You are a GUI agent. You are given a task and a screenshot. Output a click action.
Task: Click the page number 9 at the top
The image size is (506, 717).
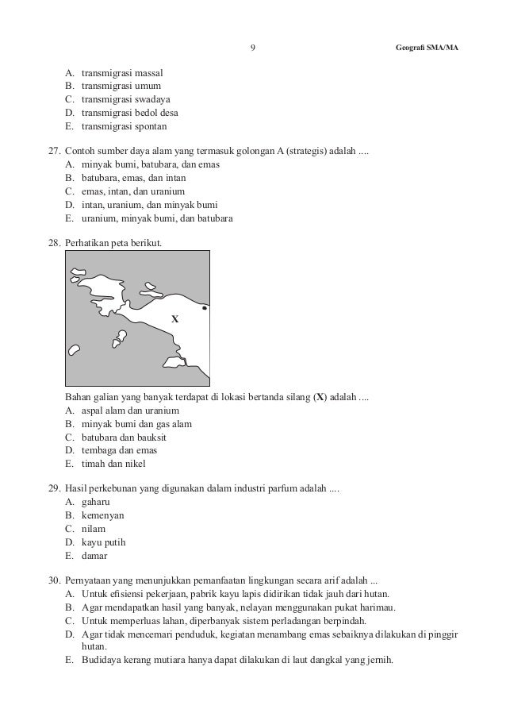(x=252, y=48)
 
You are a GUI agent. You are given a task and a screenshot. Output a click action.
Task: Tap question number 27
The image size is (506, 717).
(x=55, y=151)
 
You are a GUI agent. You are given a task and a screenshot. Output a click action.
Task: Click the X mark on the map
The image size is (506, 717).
(x=175, y=318)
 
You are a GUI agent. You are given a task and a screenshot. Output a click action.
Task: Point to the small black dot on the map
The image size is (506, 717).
(x=205, y=307)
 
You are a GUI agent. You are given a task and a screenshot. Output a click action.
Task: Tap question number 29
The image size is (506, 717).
(x=55, y=488)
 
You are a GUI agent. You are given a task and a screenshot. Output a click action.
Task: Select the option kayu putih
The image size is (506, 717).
(x=103, y=542)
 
